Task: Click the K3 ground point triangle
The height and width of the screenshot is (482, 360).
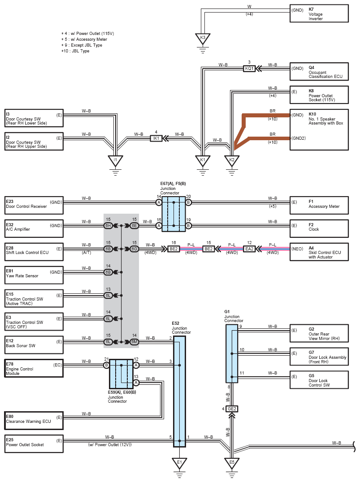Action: click(203, 39)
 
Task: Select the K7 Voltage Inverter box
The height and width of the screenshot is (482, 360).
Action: click(319, 13)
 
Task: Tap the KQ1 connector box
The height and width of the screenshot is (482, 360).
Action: click(249, 69)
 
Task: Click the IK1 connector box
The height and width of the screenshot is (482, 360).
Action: click(156, 138)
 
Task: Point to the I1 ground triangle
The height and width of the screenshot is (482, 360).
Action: click(115, 161)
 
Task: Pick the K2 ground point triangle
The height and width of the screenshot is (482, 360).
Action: click(232, 161)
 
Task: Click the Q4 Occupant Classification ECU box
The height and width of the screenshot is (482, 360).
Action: click(319, 72)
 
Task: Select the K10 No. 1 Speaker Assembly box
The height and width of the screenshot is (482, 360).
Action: click(319, 130)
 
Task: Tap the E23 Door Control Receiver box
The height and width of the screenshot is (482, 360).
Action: click(34, 205)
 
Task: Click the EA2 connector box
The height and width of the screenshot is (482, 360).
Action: click(249, 249)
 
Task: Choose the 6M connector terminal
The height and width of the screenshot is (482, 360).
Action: click(134, 342)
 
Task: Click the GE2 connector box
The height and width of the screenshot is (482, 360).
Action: click(232, 409)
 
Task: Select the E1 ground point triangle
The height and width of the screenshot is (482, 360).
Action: click(179, 463)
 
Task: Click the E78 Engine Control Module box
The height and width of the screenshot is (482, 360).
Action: click(34, 368)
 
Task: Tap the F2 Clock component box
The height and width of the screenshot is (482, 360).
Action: click(319, 229)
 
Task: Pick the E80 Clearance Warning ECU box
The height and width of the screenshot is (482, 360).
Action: click(34, 421)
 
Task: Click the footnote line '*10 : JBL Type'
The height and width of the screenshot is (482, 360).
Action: click(75, 51)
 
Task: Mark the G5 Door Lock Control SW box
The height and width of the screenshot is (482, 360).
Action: click(319, 380)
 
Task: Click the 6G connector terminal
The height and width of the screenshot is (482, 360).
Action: click(134, 249)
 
